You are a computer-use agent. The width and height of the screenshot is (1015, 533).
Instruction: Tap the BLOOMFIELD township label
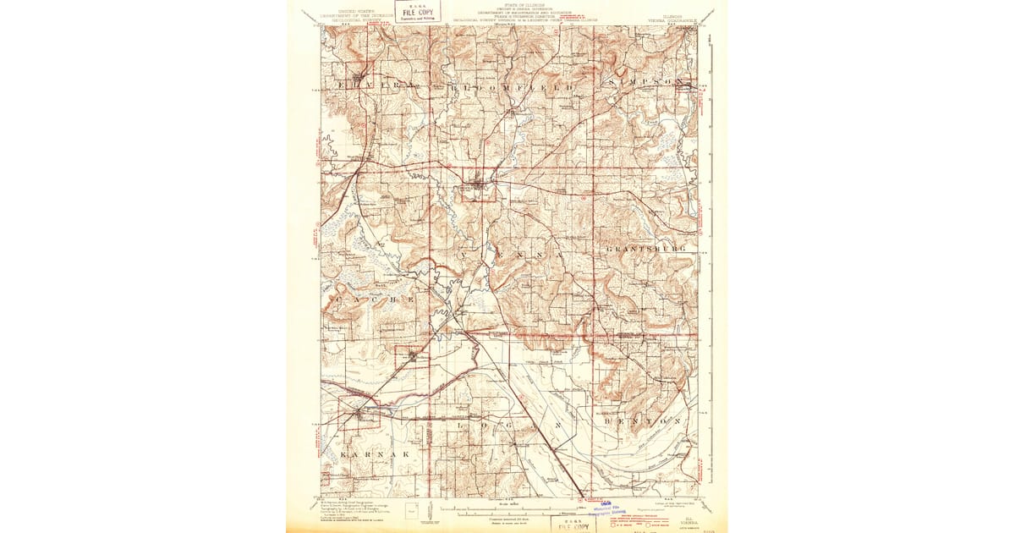click(504, 87)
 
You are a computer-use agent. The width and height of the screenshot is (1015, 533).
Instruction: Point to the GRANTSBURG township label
click(647, 250)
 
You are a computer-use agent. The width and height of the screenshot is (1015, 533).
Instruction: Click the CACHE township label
click(375, 299)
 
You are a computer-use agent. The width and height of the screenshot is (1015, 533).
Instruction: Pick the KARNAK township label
click(376, 454)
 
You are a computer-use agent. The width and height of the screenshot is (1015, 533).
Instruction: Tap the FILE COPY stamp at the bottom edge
click(573, 525)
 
